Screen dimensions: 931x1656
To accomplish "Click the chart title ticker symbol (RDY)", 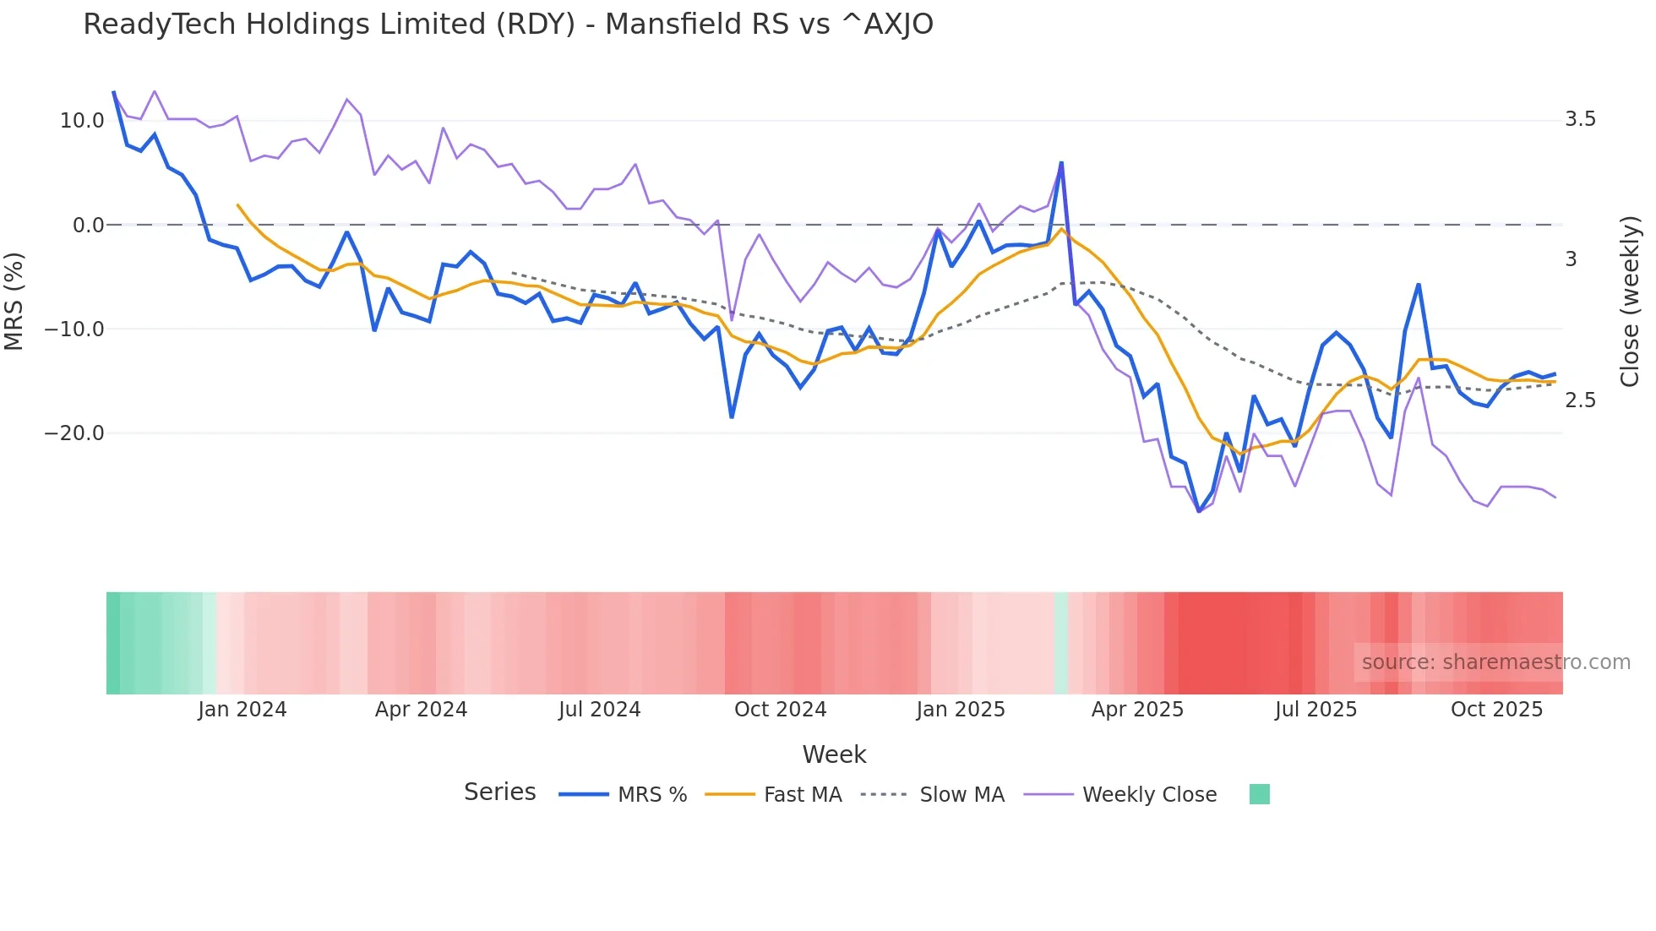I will (x=537, y=24).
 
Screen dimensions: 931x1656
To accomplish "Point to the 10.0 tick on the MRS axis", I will (x=82, y=121).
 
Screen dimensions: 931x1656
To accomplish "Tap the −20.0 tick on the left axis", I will (x=74, y=433).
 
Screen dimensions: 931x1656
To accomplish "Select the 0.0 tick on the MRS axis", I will (x=88, y=226).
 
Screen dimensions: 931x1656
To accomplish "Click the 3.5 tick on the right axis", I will (x=1580, y=119).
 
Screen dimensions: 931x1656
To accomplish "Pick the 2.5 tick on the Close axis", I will (x=1580, y=400).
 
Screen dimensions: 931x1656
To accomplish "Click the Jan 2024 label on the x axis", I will (x=242, y=710).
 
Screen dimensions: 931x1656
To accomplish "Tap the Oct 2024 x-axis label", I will (x=780, y=710).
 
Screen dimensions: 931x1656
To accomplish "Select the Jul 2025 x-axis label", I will (x=1316, y=710).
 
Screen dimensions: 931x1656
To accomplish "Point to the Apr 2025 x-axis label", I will (x=1137, y=710).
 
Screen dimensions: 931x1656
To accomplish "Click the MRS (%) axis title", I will (x=14, y=302).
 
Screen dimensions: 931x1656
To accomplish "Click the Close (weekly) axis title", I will (x=1630, y=302).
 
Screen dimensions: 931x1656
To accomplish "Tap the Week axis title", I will (x=834, y=754).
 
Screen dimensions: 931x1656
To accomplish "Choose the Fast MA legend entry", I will (x=802, y=795).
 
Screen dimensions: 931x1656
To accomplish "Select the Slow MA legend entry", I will (x=961, y=795).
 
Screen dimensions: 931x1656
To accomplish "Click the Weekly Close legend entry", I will (x=1149, y=795).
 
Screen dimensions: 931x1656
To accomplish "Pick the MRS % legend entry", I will (x=651, y=795).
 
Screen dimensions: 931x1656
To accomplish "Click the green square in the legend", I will (x=1259, y=794).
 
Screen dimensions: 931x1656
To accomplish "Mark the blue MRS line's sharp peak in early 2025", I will (x=1061, y=163).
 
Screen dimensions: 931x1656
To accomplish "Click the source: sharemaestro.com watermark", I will (x=1495, y=662).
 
